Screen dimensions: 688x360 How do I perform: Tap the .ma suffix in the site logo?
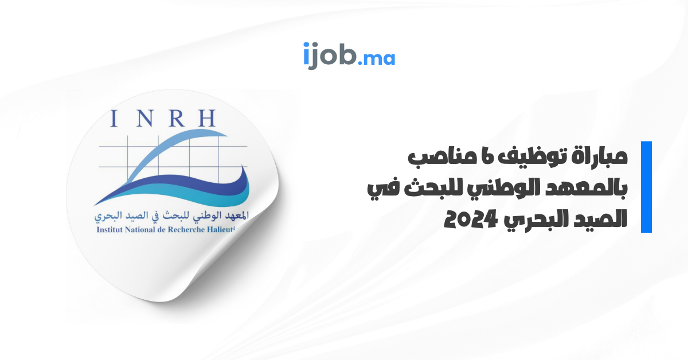(377, 58)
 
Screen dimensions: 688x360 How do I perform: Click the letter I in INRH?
(114, 118)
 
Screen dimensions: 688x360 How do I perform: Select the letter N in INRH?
(144, 118)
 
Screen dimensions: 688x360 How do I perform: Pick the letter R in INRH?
(177, 118)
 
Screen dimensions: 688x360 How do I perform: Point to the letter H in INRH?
(207, 118)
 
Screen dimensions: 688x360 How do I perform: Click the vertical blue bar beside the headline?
(646, 187)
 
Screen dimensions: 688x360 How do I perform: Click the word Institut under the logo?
(109, 230)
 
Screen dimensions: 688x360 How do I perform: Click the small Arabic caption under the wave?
(171, 216)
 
